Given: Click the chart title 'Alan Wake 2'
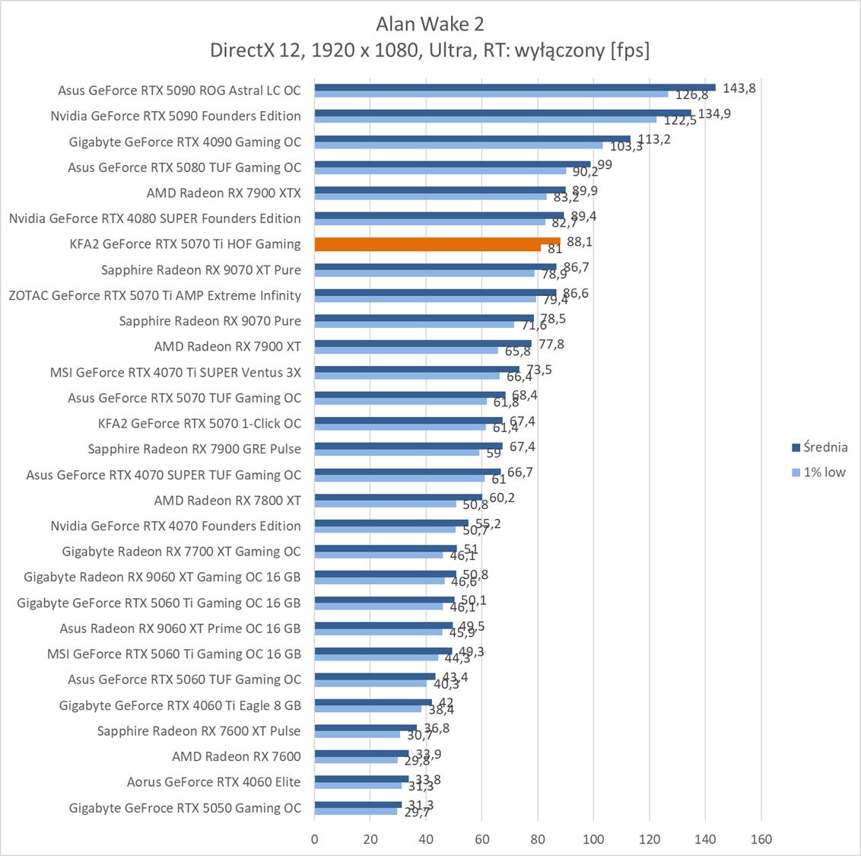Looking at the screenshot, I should pos(430,24).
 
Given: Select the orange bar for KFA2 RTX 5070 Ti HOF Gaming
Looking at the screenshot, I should pos(437,242).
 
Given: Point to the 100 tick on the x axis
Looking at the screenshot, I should pos(593,839).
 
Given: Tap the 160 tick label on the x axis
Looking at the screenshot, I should pos(761,839).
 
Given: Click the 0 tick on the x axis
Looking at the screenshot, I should pos(315,839).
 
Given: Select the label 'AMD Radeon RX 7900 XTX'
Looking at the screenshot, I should pos(224,193).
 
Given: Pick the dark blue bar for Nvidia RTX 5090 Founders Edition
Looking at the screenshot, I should pos(503,113).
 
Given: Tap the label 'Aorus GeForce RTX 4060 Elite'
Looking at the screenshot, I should pos(214,781).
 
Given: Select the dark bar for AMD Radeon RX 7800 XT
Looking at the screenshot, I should pos(399,497).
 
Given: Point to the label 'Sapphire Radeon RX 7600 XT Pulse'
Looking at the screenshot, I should pos(199,730).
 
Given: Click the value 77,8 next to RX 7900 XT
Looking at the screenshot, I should pos(551,345).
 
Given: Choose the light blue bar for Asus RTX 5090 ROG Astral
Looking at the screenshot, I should pos(491,94).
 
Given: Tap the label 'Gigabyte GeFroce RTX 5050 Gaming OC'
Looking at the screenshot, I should pos(185,807).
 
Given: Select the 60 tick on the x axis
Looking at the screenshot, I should pos(481,839).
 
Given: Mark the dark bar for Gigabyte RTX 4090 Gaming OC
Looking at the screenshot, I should pos(472,138).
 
